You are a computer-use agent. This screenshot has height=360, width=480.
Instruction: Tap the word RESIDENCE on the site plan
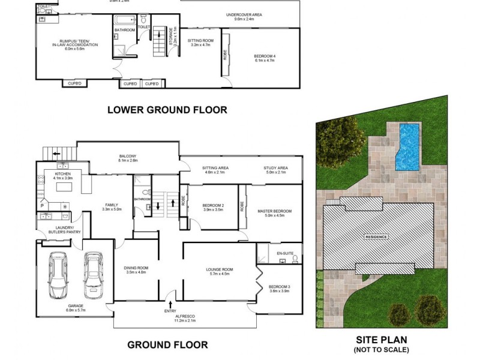pyautogui.click(x=377, y=236)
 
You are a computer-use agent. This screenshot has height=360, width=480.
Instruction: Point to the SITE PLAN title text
pyautogui.click(x=381, y=339)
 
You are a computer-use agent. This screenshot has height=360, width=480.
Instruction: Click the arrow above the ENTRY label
pyautogui.click(x=173, y=305)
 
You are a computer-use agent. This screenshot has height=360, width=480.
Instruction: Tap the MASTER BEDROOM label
pyautogui.click(x=274, y=211)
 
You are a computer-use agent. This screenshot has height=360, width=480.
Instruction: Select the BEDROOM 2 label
pyautogui.click(x=213, y=205)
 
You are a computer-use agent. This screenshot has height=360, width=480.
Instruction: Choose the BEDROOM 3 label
pyautogui.click(x=279, y=287)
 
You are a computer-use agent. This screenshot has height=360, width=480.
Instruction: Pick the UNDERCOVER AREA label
pyautogui.click(x=244, y=14)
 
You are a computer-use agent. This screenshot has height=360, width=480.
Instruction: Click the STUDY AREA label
pyautogui.click(x=275, y=168)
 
